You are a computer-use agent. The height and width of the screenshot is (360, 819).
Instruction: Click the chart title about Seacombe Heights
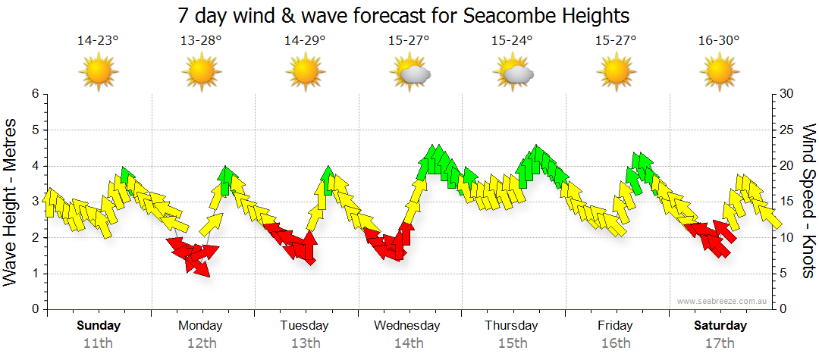tap(403, 15)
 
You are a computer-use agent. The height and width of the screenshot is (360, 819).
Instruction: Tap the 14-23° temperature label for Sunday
tap(98, 41)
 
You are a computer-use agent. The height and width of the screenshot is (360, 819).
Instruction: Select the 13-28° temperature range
tap(201, 41)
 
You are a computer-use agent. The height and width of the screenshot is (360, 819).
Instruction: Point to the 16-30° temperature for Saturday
tap(719, 41)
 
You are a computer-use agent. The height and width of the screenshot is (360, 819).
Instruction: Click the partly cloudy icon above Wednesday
tap(410, 74)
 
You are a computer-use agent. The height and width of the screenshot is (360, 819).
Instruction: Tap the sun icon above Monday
tap(202, 74)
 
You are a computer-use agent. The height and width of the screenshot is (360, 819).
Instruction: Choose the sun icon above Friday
tap(616, 74)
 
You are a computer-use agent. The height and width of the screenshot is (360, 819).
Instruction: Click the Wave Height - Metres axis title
tap(11, 202)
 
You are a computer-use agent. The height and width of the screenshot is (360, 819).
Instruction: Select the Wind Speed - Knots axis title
tap(807, 202)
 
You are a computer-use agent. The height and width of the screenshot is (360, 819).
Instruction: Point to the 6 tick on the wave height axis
tap(34, 94)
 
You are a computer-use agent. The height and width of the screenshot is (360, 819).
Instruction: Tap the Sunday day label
tap(99, 326)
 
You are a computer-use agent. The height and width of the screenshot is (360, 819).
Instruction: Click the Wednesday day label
tap(407, 326)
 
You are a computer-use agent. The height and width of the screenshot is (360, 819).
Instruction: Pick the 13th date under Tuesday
tap(305, 343)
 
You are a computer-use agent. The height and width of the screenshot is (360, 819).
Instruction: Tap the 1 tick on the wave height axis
tap(34, 274)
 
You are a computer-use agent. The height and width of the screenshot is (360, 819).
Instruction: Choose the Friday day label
tap(615, 326)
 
